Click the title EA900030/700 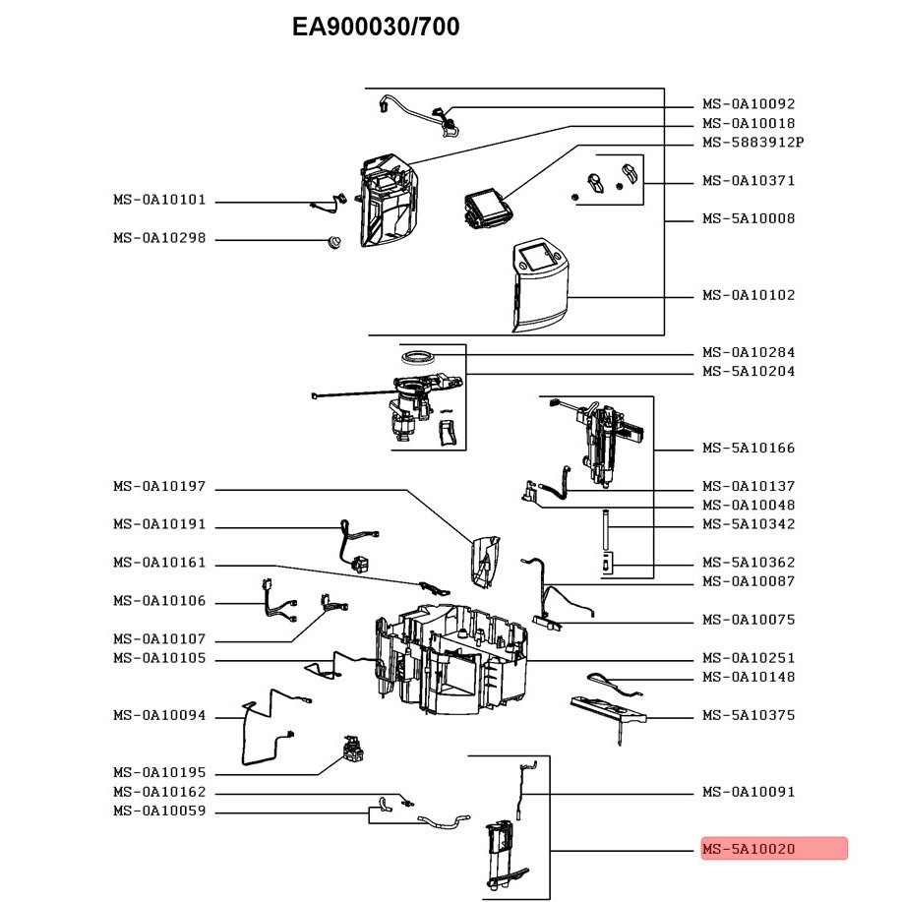(376, 28)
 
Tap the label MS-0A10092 (749, 103)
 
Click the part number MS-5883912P (752, 142)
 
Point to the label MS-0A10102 (749, 295)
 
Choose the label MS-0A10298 (159, 238)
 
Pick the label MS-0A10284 (749, 352)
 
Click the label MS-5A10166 (749, 449)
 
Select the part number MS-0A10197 (159, 486)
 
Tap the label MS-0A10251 (749, 658)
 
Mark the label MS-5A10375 (749, 715)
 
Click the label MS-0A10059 (159, 812)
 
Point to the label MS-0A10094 (159, 715)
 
